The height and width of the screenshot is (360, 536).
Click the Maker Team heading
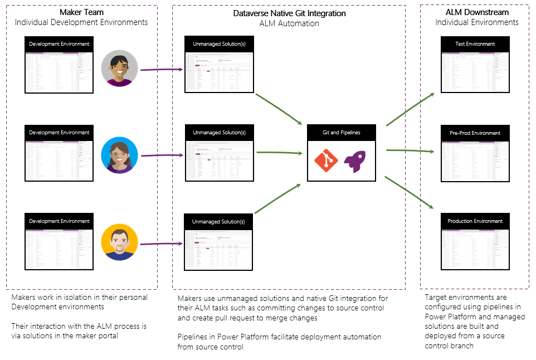click(x=81, y=12)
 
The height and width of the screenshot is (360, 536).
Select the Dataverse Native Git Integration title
click(x=289, y=13)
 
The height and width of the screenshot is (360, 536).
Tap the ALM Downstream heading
click(x=477, y=12)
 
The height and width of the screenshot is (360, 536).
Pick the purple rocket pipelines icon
click(x=355, y=161)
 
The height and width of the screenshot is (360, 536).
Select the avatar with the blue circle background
click(x=119, y=155)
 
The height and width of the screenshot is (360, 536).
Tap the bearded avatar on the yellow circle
click(x=119, y=243)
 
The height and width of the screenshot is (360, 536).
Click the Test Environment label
click(x=475, y=44)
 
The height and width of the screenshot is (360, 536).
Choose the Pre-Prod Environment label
click(x=475, y=133)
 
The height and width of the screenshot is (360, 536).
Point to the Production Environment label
click(x=475, y=221)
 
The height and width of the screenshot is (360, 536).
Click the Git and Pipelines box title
click(x=342, y=133)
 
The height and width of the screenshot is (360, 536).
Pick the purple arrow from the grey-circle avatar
click(x=162, y=70)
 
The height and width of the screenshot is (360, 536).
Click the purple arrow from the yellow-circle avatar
click(x=162, y=244)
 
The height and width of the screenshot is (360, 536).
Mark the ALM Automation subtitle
click(x=289, y=23)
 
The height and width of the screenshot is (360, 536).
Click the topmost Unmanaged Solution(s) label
click(x=219, y=43)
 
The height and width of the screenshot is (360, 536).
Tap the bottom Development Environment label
click(x=60, y=221)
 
